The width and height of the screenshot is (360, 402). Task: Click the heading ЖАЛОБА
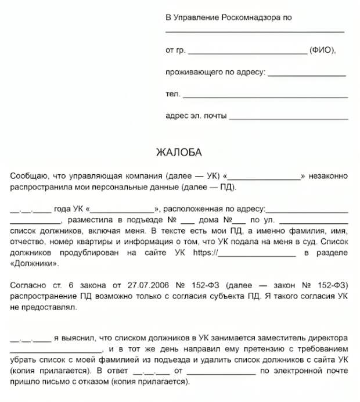[x=179, y=153]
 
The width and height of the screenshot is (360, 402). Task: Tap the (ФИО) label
[x=323, y=51]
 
